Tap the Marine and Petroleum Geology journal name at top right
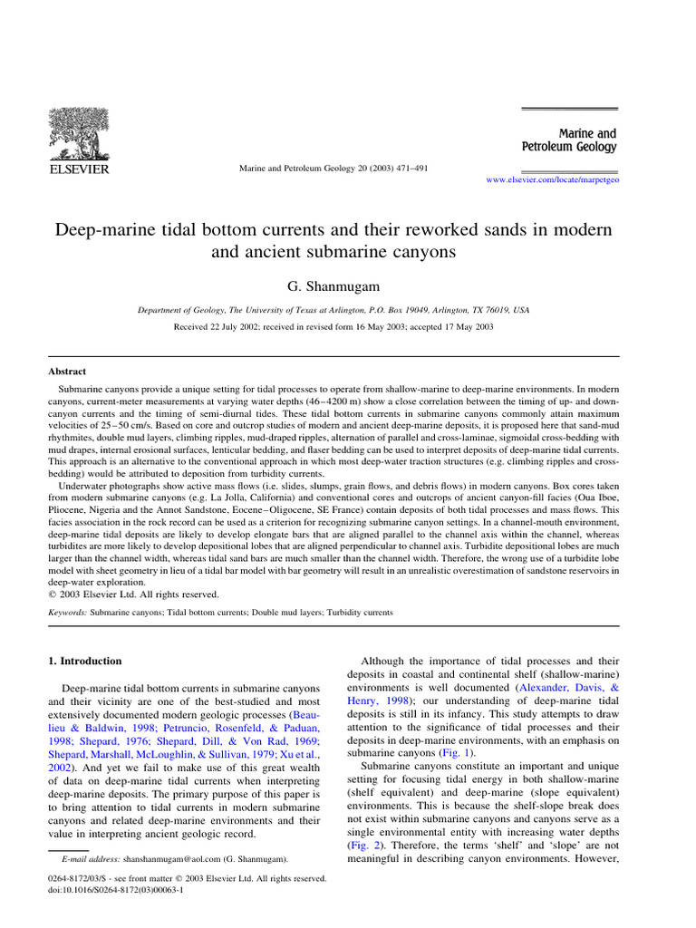tap(569, 140)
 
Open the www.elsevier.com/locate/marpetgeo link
tap(553, 180)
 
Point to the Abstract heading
tap(67, 372)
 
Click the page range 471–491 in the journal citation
tap(410, 169)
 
